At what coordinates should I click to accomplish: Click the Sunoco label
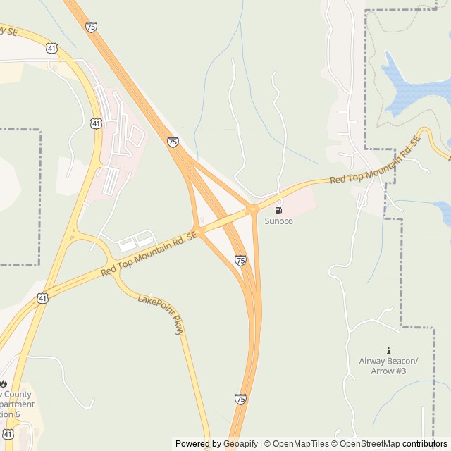[x=278, y=221]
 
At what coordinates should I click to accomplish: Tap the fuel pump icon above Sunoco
[x=278, y=210]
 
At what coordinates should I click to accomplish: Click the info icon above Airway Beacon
[x=388, y=351]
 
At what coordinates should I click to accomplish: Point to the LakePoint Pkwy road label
[x=161, y=314]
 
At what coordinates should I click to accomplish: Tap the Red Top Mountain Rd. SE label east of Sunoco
[x=375, y=161]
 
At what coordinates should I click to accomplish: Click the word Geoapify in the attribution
[x=240, y=444]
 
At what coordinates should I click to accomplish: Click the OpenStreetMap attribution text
[x=366, y=444]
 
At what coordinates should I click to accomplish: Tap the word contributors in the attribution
[x=425, y=444]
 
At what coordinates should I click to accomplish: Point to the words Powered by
[x=198, y=444]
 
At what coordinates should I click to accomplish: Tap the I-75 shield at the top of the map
[x=91, y=26]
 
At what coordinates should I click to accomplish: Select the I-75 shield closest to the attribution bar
[x=240, y=399]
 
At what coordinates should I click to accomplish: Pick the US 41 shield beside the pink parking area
[x=95, y=123]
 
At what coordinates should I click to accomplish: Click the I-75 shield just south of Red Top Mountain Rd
[x=241, y=261]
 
